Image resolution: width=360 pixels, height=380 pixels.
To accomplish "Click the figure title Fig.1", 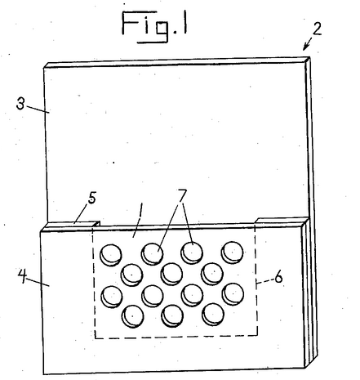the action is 154,26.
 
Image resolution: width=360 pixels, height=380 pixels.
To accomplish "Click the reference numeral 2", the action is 317,29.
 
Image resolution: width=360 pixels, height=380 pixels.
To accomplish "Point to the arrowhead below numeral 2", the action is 305,47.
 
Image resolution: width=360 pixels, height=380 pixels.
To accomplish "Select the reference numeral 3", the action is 20,104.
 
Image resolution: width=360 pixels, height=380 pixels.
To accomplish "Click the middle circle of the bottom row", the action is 172,315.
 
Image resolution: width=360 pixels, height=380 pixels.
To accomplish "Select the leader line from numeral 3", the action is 38,110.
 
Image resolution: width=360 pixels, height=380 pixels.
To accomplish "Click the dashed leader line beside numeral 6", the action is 264,281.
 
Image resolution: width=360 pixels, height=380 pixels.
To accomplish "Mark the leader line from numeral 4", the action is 38,282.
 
